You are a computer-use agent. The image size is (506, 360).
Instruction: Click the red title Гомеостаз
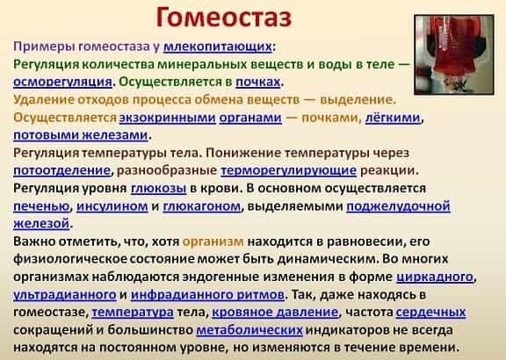click(x=224, y=17)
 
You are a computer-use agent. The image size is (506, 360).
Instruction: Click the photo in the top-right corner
click(x=453, y=54)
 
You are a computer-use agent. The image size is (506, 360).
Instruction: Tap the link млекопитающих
click(x=218, y=47)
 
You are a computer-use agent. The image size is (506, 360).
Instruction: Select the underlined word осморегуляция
click(x=62, y=82)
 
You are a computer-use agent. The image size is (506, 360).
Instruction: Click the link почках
click(x=258, y=82)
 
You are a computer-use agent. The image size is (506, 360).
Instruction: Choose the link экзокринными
click(x=167, y=118)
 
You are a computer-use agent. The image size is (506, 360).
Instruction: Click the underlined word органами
click(x=250, y=118)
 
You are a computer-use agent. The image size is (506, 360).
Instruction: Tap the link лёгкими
click(x=393, y=118)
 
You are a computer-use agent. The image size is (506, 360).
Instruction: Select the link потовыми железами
click(x=81, y=135)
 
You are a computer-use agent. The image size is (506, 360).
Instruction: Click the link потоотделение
click(x=62, y=170)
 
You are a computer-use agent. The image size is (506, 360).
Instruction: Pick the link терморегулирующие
click(x=288, y=170)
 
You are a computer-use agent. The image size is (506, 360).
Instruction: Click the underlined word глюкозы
click(x=158, y=188)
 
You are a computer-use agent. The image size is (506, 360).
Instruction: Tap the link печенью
click(x=41, y=205)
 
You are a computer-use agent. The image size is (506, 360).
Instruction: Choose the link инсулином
click(x=112, y=205)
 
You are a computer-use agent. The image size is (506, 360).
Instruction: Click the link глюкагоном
click(x=202, y=205)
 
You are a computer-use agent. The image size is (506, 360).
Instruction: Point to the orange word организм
click(x=213, y=241)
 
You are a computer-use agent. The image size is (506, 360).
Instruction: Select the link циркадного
click(x=435, y=277)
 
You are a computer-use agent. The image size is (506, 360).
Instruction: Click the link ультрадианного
click(x=65, y=294)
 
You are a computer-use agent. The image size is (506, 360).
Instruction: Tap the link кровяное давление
click(x=275, y=312)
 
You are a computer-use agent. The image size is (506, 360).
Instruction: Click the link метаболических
click(x=249, y=330)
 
